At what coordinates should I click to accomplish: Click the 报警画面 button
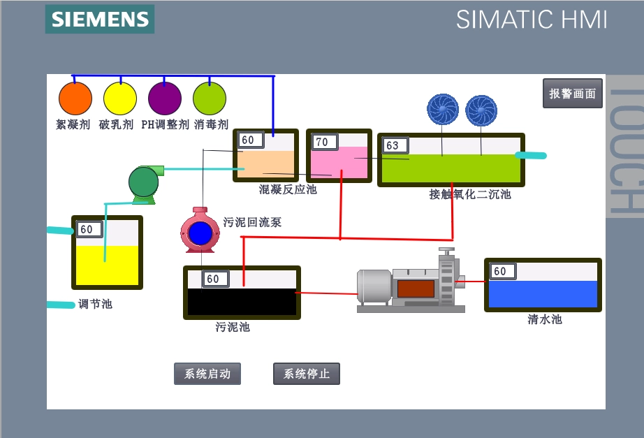point(573,94)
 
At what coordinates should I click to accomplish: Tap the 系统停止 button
point(306,374)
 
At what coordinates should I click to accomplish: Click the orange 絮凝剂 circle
point(75,98)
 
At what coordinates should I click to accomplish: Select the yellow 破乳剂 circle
point(120,98)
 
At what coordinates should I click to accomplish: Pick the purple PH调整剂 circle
point(165,98)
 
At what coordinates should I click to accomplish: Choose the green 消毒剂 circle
point(210,98)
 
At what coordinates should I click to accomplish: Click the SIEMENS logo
point(100,19)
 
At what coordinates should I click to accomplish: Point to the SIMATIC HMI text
point(532,20)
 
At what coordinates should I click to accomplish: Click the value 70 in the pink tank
point(322,142)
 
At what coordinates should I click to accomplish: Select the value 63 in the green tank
point(393,145)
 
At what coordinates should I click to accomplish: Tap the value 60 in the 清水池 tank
point(500,271)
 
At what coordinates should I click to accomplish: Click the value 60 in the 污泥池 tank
point(213,279)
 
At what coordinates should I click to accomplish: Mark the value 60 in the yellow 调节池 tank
point(87,229)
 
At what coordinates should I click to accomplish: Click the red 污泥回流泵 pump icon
point(200,231)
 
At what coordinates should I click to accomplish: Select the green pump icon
point(145,183)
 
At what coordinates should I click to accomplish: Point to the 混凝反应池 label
point(288,189)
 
